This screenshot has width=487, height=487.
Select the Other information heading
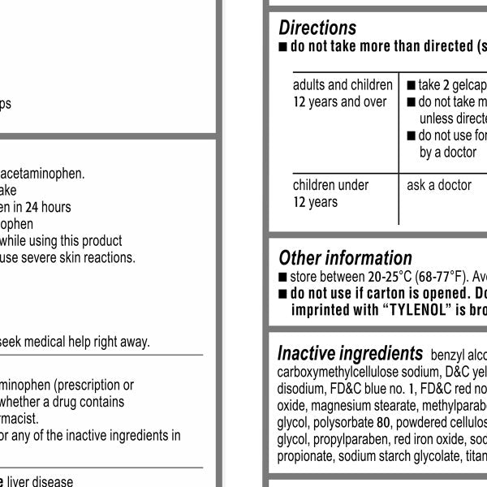click(x=345, y=258)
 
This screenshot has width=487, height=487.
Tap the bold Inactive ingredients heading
click(x=350, y=353)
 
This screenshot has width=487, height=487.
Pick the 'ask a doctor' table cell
click(x=439, y=185)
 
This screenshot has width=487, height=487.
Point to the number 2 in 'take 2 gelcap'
click(x=445, y=85)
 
